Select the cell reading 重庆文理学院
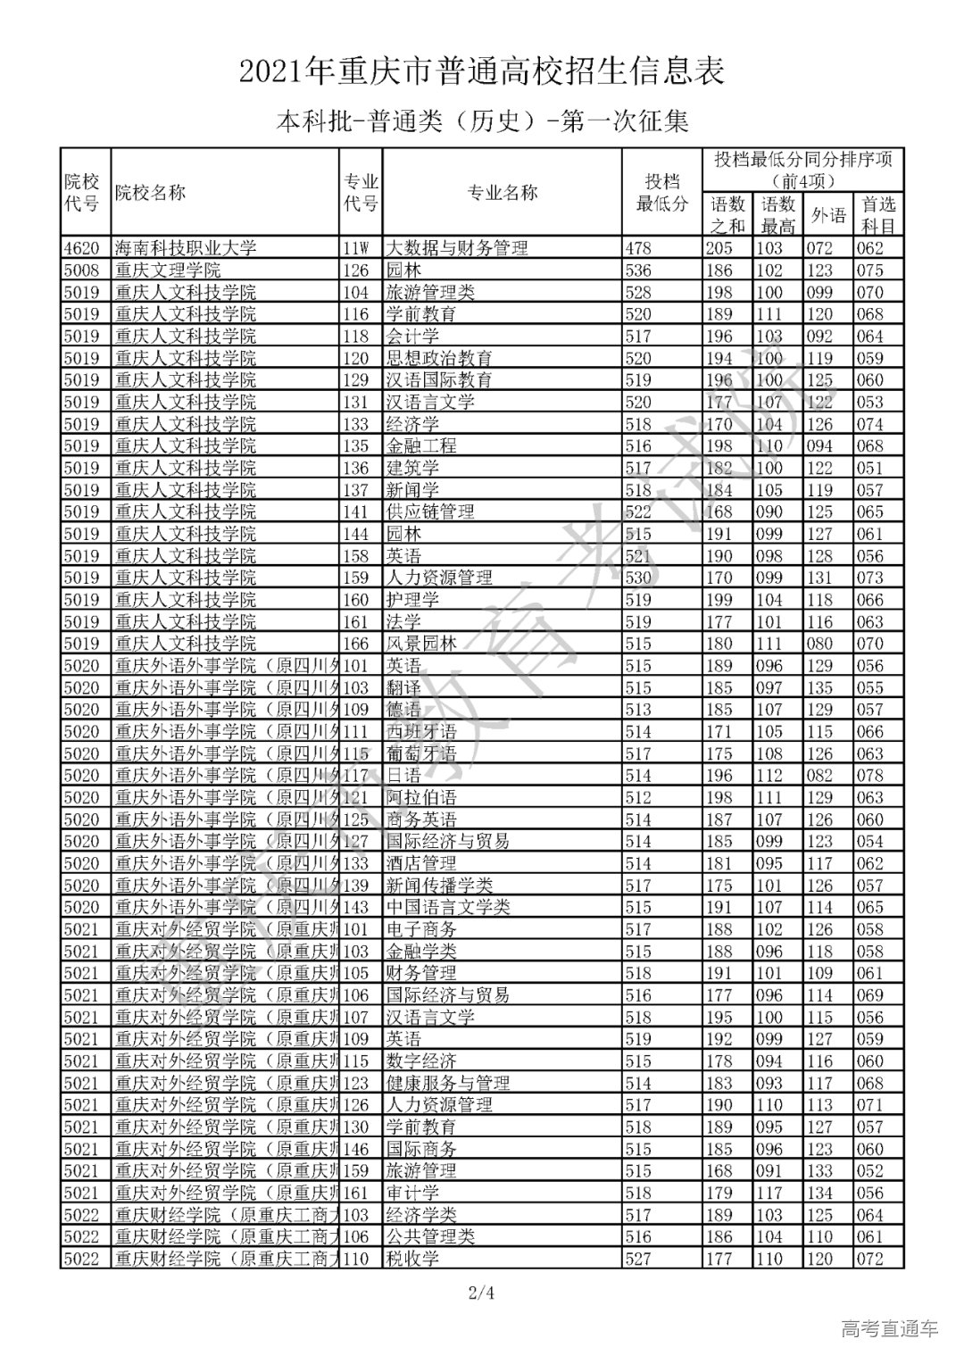click(x=168, y=270)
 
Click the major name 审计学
click(x=411, y=1193)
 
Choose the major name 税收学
click(x=411, y=1260)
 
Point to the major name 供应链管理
click(x=429, y=512)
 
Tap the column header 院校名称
click(x=151, y=192)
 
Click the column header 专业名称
click(x=503, y=192)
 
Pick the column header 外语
click(x=827, y=215)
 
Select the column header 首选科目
click(x=877, y=215)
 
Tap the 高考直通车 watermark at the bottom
click(x=890, y=1329)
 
